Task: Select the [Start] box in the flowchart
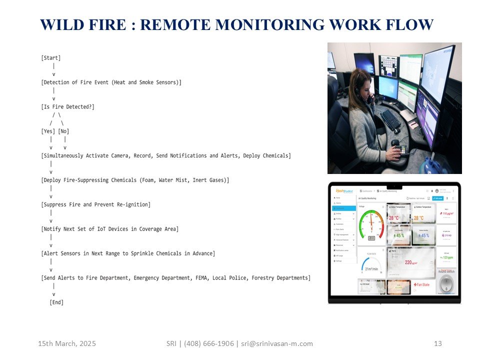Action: (x=51, y=58)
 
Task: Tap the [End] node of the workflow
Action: (x=56, y=302)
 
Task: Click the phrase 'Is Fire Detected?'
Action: (x=68, y=106)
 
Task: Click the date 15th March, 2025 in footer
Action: (x=67, y=343)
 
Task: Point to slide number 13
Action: (x=438, y=343)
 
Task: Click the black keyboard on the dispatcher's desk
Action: (x=390, y=120)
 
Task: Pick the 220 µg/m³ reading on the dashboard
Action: (x=411, y=262)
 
